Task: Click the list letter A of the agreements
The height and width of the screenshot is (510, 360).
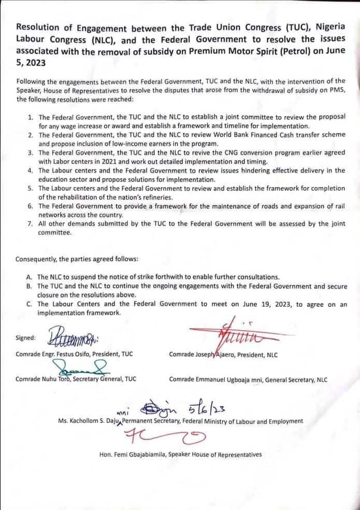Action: pyautogui.click(x=30, y=277)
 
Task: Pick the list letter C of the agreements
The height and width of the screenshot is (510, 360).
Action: pyautogui.click(x=30, y=304)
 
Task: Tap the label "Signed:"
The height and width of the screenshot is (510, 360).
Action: pyautogui.click(x=26, y=338)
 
